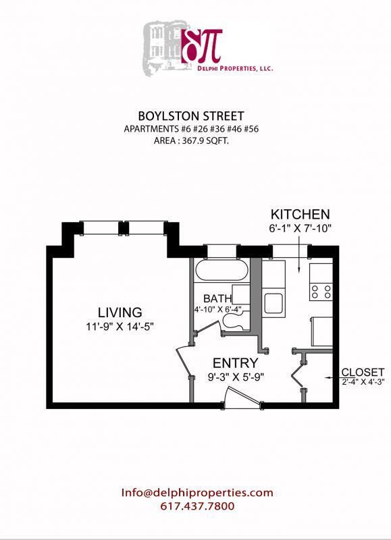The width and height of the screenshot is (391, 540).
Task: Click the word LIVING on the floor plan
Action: (120, 313)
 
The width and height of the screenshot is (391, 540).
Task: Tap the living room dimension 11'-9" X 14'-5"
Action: (120, 327)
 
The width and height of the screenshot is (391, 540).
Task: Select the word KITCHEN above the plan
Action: (300, 215)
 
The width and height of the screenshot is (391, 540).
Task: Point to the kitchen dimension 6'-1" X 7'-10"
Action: (300, 228)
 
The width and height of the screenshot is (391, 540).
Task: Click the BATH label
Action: (217, 298)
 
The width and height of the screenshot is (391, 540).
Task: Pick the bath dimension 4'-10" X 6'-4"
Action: (217, 310)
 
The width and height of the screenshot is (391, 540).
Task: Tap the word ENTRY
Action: (235, 363)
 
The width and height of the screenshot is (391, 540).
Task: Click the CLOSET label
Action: (363, 372)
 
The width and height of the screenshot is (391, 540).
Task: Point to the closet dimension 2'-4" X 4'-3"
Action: (363, 382)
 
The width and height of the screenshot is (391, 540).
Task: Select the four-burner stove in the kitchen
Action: (321, 292)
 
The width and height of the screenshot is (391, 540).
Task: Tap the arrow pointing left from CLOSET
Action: (332, 378)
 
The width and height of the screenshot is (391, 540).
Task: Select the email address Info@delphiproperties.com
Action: (197, 492)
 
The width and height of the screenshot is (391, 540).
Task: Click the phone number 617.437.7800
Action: (197, 506)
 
